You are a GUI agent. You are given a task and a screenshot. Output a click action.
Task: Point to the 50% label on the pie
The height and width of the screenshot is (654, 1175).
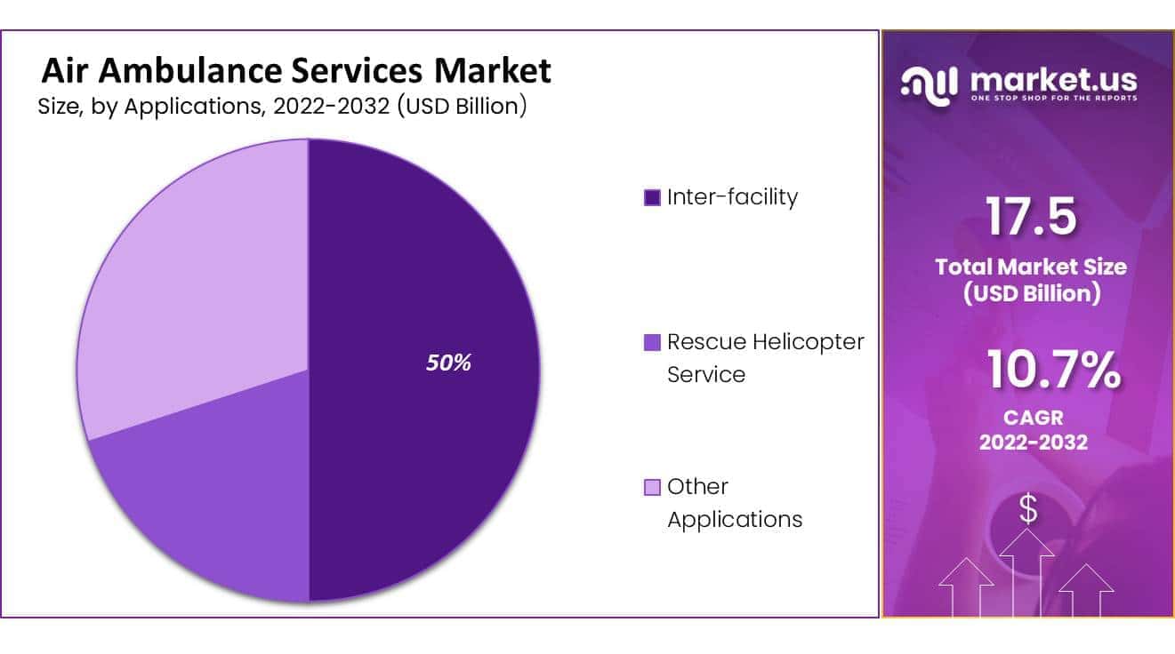448,363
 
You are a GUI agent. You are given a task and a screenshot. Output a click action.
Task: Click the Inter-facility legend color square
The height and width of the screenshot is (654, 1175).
652,197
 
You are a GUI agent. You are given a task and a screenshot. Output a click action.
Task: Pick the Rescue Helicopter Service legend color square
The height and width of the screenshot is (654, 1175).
652,342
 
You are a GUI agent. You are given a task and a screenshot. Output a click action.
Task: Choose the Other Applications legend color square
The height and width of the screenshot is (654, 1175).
652,487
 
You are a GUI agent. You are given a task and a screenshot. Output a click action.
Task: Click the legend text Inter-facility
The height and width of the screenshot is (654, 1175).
732,196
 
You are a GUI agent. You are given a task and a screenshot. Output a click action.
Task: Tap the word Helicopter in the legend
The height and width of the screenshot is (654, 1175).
808,341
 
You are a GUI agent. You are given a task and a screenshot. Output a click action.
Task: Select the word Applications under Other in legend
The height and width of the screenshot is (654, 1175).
735,519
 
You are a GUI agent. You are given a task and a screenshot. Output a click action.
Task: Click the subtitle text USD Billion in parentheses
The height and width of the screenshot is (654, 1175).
462,107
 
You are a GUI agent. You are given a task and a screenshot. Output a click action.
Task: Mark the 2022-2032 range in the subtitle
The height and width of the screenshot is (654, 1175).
330,107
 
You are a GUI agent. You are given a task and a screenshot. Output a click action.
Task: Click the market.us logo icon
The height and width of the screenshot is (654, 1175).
930,84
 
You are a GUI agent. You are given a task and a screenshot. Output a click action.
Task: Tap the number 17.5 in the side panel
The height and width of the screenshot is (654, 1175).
1031,218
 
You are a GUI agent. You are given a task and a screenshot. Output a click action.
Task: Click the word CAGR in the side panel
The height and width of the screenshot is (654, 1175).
1033,417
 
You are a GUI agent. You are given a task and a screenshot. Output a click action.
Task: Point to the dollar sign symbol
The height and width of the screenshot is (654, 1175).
1028,510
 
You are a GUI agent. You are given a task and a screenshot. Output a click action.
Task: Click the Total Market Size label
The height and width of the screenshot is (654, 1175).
1031,267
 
